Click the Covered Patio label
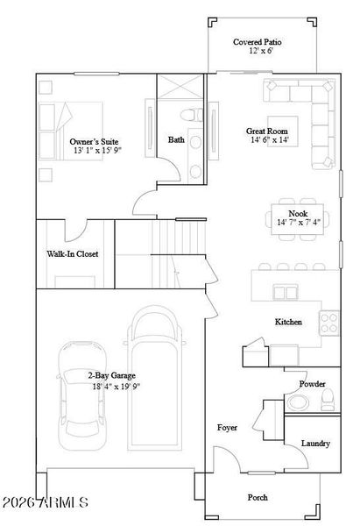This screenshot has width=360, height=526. point(256,41)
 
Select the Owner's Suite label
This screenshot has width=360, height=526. point(94,141)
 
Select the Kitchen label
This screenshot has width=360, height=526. point(288,322)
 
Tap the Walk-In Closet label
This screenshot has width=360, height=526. point(73,254)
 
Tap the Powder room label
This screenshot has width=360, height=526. point(312,384)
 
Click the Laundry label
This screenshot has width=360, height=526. point(315,444)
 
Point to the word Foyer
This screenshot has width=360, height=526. point(228,427)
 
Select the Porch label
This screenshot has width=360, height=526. point(258,497)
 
